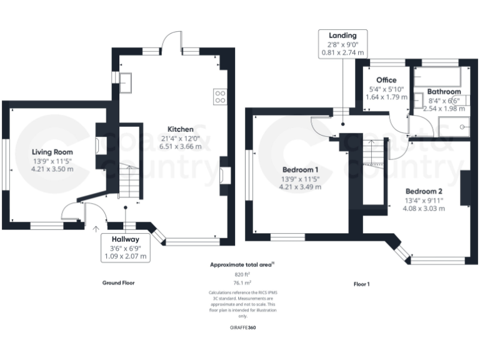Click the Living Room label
(x=52, y=152)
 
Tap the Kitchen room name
(x=179, y=129)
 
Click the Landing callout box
(x=342, y=44)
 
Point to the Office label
(x=386, y=80)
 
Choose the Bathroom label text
(x=444, y=92)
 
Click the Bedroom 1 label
(x=300, y=169)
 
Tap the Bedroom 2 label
(x=424, y=191)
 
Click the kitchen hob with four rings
(x=221, y=96)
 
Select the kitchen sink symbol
(x=125, y=81)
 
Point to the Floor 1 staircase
(x=372, y=153)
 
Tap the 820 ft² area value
(x=242, y=274)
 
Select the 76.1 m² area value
(x=242, y=282)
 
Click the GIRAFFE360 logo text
(x=242, y=327)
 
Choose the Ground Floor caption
(x=118, y=282)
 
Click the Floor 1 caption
(x=362, y=284)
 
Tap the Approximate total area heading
(x=241, y=265)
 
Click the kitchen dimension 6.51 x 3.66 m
(x=179, y=146)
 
